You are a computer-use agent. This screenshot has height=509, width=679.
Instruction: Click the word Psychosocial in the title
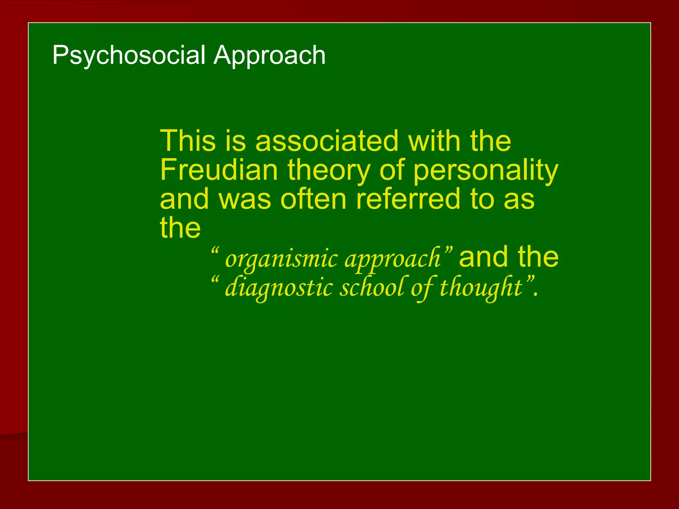[x=129, y=55]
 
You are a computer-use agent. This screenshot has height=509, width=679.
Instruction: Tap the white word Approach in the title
[x=269, y=55]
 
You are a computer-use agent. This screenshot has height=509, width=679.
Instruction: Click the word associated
[x=327, y=141]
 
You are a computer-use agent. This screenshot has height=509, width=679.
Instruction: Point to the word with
[x=434, y=141]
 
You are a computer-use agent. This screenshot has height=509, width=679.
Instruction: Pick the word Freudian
[x=219, y=170]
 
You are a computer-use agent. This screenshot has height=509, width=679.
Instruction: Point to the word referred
[x=408, y=199]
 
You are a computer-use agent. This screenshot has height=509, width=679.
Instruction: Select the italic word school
[x=372, y=287]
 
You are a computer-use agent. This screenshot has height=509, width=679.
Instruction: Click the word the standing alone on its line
[x=180, y=228]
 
